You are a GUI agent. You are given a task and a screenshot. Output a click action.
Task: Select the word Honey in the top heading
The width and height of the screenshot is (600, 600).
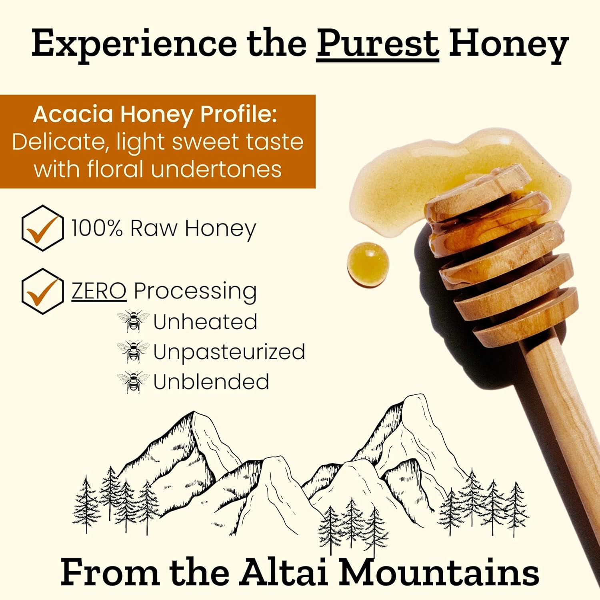pos(508,45)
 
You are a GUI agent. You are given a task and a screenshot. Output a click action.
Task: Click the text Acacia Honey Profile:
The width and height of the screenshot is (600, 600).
pos(155,114)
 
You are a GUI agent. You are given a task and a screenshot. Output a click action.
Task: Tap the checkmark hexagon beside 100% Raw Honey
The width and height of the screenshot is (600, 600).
pos(42,228)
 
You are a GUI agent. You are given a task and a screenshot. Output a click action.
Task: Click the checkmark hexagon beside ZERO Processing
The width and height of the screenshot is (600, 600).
pos(42,291)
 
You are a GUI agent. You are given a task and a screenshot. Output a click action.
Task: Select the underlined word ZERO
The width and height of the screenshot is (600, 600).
pos(99,291)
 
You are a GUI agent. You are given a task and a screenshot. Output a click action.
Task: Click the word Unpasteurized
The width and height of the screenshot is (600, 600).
pos(229,352)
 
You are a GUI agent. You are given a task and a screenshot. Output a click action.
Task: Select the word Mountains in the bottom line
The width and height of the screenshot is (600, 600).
pos(439,573)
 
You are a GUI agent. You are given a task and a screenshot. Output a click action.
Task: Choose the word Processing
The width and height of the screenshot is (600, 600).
pos(195,292)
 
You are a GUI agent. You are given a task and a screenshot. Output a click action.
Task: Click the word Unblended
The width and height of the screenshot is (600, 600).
pos(211,382)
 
